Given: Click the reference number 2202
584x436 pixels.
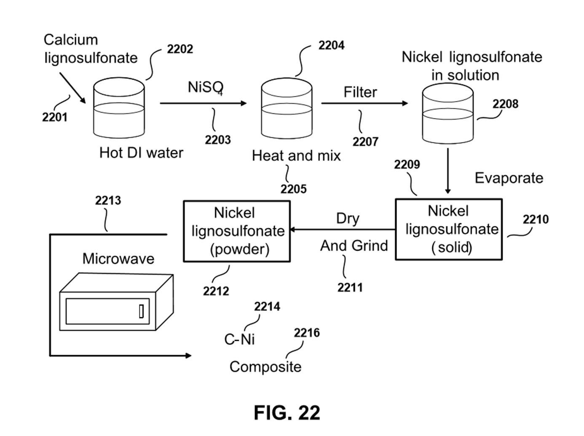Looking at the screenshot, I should [x=180, y=49].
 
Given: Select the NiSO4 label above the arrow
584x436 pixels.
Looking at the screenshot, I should [x=205, y=87].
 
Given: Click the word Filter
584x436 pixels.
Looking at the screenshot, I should [x=360, y=92].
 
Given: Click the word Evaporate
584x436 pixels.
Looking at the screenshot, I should [x=509, y=178].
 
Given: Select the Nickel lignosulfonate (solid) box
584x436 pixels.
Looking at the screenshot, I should [x=449, y=229].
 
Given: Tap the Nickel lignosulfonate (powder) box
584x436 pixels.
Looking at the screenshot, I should [x=237, y=231].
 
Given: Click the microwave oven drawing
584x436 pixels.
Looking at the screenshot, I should [x=116, y=302].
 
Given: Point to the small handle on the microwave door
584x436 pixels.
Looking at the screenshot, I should [x=141, y=311].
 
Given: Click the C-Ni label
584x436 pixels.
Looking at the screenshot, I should [x=239, y=339].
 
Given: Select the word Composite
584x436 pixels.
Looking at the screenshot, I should [x=265, y=367].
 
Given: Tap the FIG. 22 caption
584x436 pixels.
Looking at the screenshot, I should [x=287, y=413].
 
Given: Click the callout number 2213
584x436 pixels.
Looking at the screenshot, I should [x=108, y=201].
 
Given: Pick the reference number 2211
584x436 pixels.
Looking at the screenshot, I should [x=350, y=288].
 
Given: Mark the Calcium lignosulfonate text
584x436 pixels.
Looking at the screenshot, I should [x=91, y=49].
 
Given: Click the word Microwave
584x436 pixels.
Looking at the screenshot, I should [x=118, y=259].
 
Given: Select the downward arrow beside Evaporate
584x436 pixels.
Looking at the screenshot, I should [x=447, y=171].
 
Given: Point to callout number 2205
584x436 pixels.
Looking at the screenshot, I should [x=293, y=189].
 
